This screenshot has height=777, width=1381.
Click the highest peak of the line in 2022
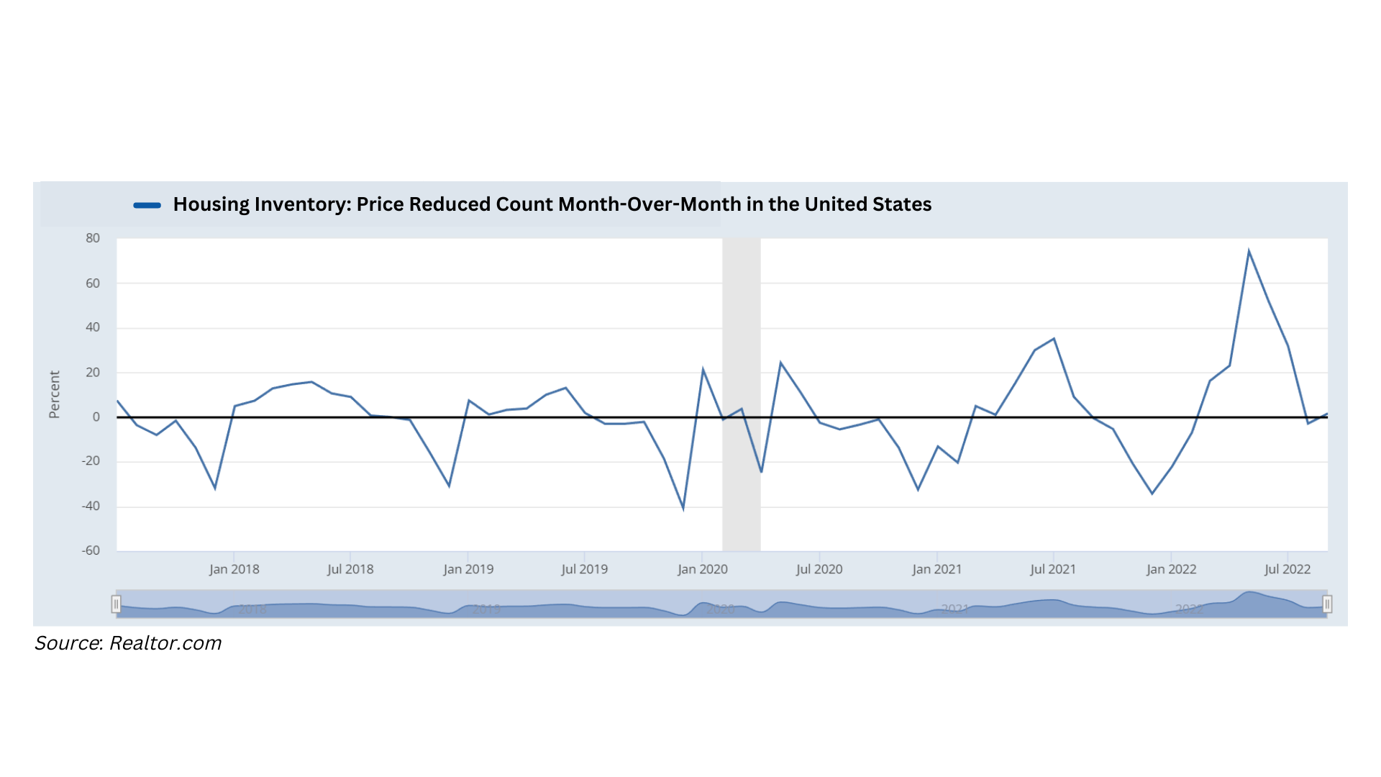[1249, 251]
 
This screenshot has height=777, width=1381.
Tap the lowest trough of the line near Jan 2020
[683, 509]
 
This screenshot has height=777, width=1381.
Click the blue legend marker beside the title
[147, 205]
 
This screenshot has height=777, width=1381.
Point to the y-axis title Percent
[55, 394]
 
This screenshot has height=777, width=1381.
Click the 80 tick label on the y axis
[93, 238]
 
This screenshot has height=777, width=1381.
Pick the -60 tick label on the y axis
[91, 550]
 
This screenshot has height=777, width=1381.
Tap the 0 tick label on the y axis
[96, 417]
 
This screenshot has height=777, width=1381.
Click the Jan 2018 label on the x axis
[234, 569]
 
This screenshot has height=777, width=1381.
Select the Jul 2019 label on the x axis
[584, 569]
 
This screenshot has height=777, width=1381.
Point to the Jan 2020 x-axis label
[702, 569]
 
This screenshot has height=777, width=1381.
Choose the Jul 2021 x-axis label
[1053, 569]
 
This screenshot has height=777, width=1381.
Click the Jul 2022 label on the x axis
[1287, 569]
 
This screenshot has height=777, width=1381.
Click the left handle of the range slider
[116, 604]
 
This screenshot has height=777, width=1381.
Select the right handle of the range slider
[1327, 604]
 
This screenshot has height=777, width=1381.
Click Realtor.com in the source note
[165, 643]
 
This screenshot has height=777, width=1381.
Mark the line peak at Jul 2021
[1054, 339]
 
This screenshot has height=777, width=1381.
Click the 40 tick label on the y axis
[93, 327]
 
